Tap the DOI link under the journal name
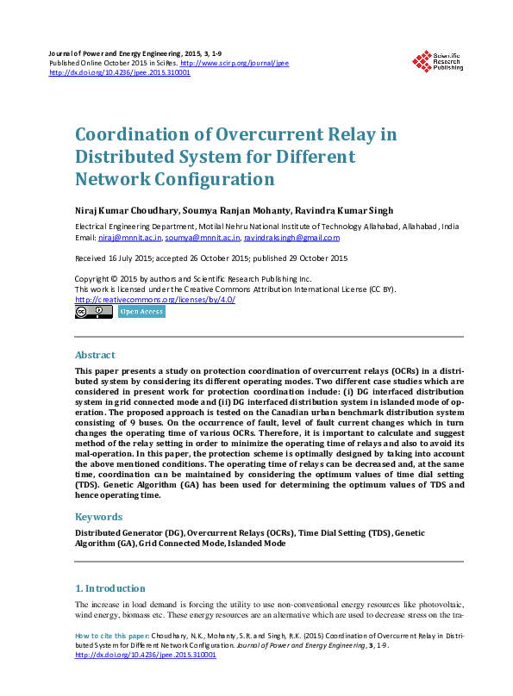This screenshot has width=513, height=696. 120,72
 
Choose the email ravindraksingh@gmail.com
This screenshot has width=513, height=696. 291,238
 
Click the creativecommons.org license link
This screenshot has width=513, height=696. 155,299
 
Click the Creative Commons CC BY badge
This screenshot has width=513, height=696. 93,312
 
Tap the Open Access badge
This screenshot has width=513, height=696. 142,312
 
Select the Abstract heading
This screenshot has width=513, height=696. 95,355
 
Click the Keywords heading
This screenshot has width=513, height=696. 99,517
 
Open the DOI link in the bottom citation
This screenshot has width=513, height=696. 146,655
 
